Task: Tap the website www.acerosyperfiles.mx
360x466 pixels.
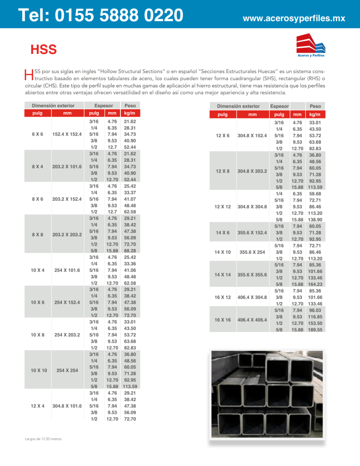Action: (x=293, y=19)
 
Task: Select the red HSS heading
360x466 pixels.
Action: (x=44, y=49)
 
